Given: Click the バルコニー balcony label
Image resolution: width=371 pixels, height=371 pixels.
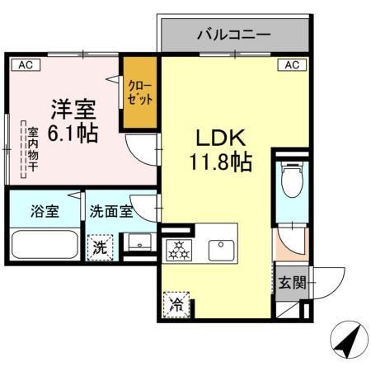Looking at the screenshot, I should coord(234,35).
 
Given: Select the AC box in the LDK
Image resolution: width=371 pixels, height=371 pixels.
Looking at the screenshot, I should coord(292,63).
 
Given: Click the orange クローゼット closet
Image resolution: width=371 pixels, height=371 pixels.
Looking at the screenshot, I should coord(139,92).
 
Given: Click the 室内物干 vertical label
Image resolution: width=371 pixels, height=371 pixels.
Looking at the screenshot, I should coord(33,150).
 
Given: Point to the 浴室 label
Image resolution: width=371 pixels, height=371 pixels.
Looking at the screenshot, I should coord(45,210).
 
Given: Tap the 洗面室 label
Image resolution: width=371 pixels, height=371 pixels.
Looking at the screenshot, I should coord(110,210).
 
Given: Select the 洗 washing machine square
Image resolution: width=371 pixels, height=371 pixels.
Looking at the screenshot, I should coord(100,247).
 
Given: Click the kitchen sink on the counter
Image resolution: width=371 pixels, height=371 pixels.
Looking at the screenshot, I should coord(219,247).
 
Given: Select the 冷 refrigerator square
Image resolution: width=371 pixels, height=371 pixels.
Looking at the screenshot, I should coord(176,304).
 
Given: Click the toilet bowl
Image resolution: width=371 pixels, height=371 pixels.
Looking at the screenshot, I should coord(292,181).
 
